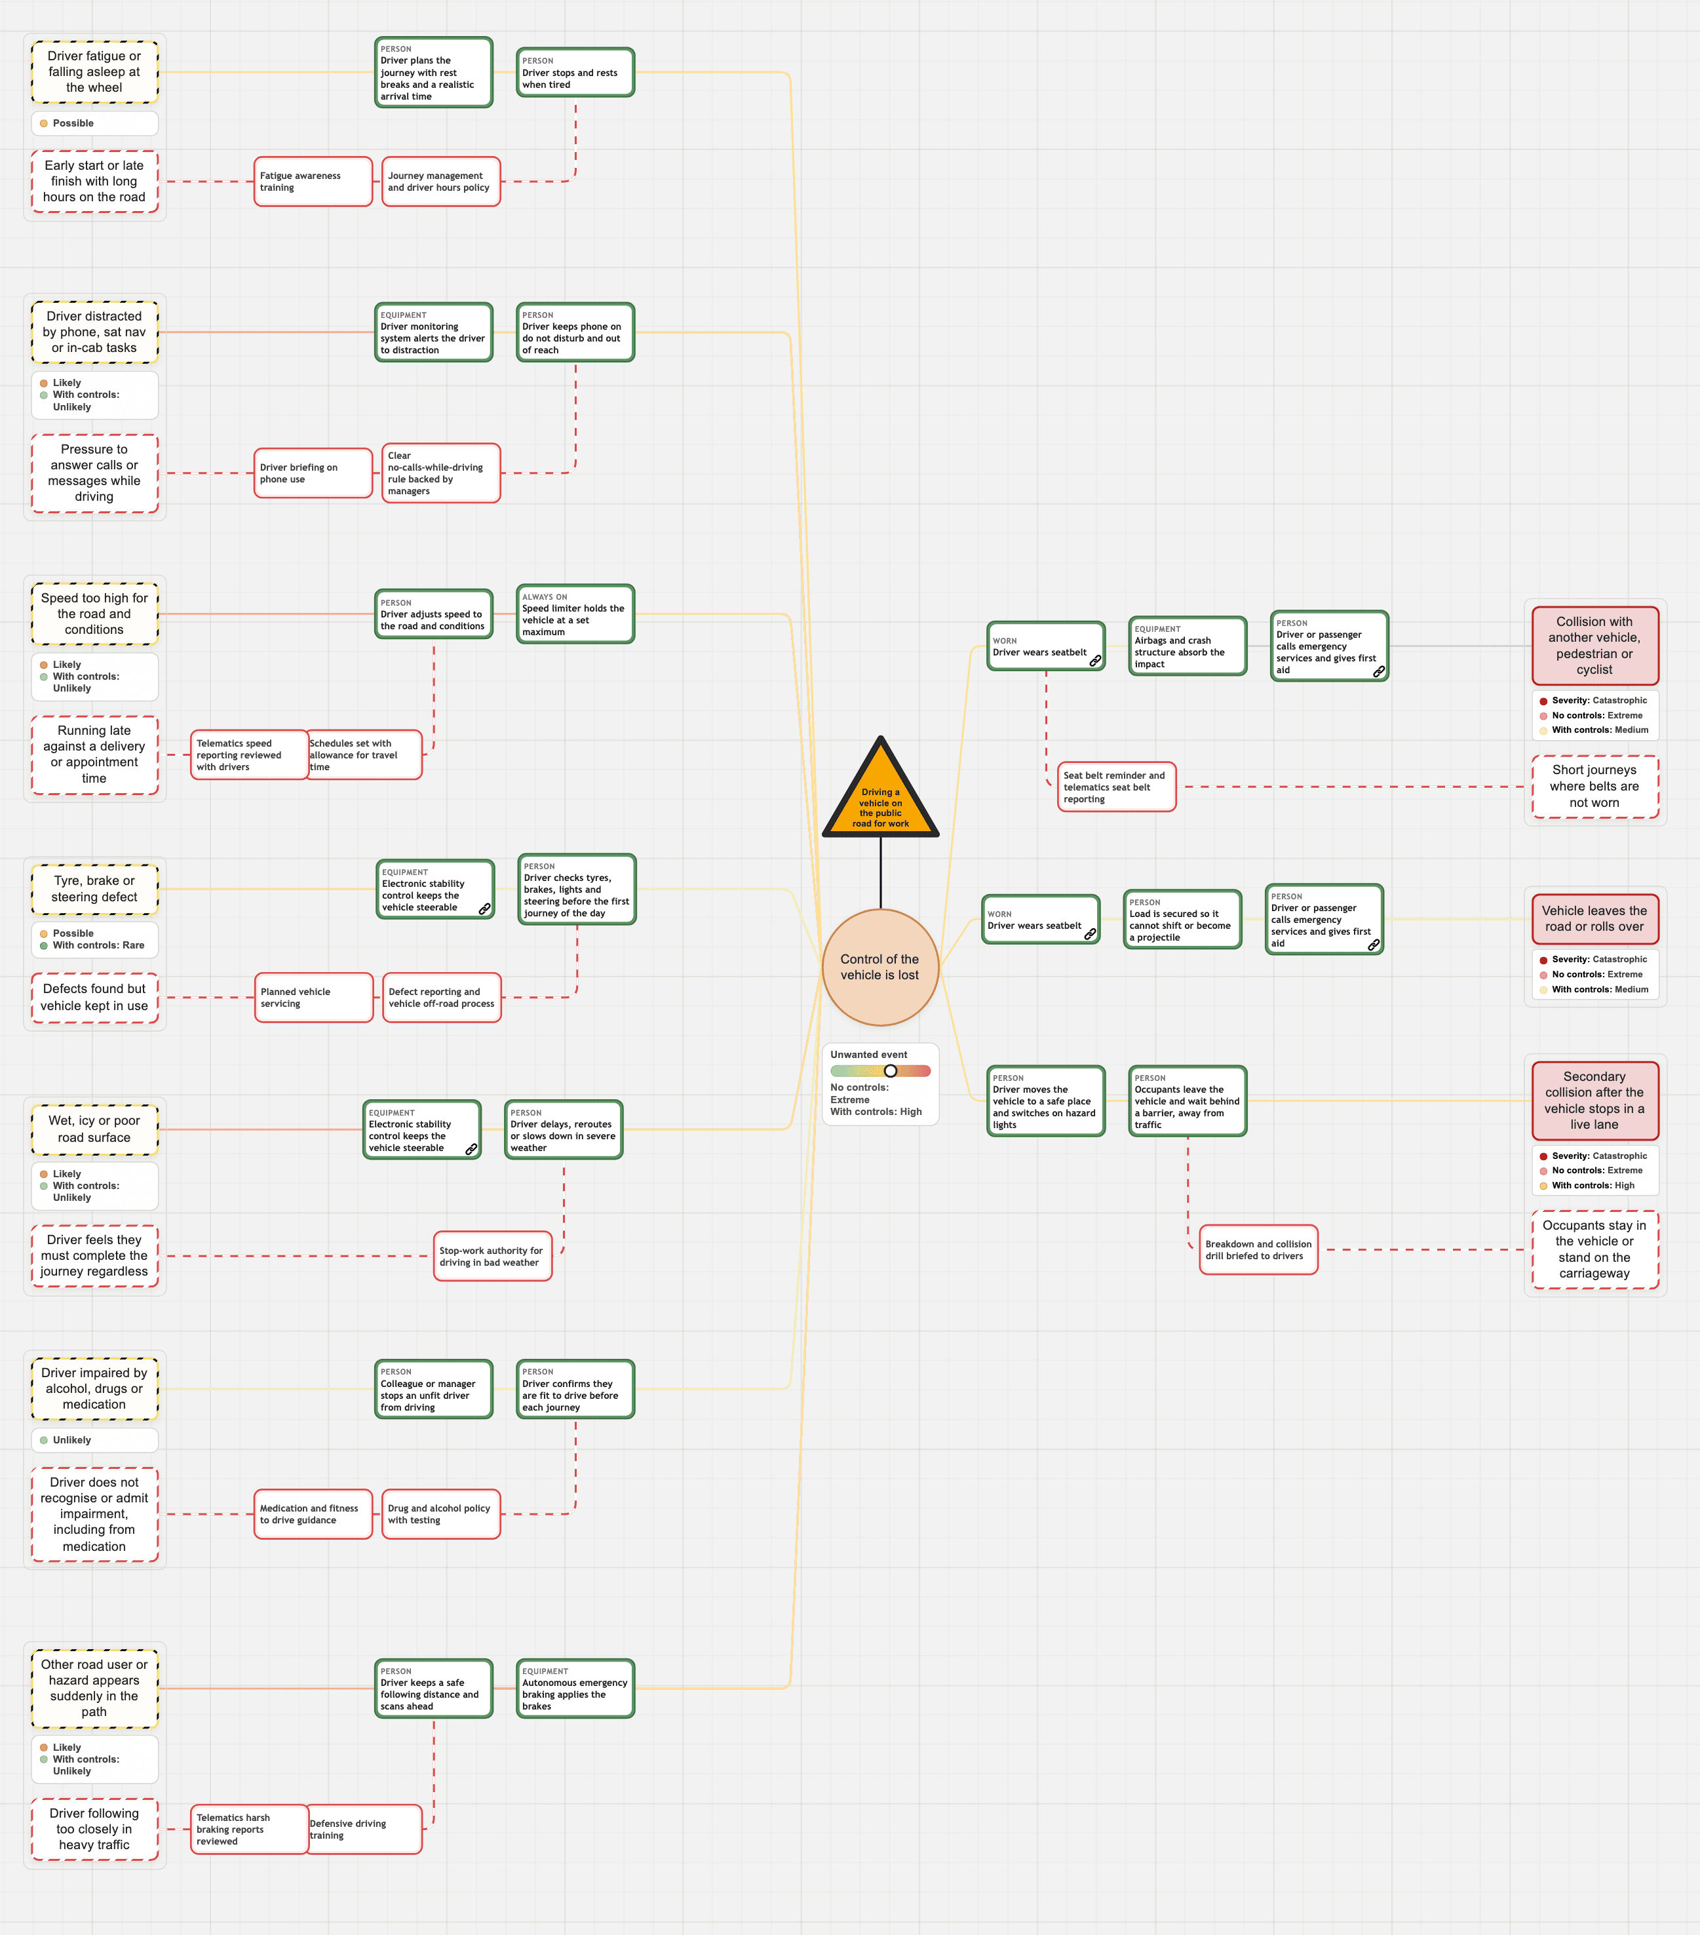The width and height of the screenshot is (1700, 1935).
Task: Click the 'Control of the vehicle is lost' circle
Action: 880,967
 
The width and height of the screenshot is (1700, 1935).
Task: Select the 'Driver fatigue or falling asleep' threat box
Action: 94,72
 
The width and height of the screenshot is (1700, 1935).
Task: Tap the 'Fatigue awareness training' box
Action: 313,182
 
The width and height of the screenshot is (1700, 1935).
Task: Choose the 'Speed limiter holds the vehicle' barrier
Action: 575,614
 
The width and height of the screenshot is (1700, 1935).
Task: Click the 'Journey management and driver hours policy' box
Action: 441,182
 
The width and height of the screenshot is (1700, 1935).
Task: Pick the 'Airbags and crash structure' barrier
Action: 1188,646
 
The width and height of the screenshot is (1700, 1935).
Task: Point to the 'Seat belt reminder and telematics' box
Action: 1117,787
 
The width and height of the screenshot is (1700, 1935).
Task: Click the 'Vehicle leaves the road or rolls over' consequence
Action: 1595,919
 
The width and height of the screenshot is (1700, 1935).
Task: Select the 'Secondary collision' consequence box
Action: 1595,1100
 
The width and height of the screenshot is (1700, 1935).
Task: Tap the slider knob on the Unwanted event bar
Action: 891,1070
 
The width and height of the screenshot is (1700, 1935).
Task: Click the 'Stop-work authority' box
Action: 493,1256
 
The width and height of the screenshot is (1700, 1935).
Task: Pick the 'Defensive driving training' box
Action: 364,1829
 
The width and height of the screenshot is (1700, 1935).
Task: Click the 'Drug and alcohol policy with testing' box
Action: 441,1514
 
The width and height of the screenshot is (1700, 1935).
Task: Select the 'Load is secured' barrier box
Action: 1182,919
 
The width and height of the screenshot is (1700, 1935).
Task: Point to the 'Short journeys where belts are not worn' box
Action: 1595,787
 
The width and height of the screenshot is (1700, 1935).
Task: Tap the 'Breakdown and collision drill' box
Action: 1259,1249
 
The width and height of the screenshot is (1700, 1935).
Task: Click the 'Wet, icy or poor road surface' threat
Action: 94,1129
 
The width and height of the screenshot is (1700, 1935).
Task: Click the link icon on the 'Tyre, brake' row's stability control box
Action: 484,909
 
